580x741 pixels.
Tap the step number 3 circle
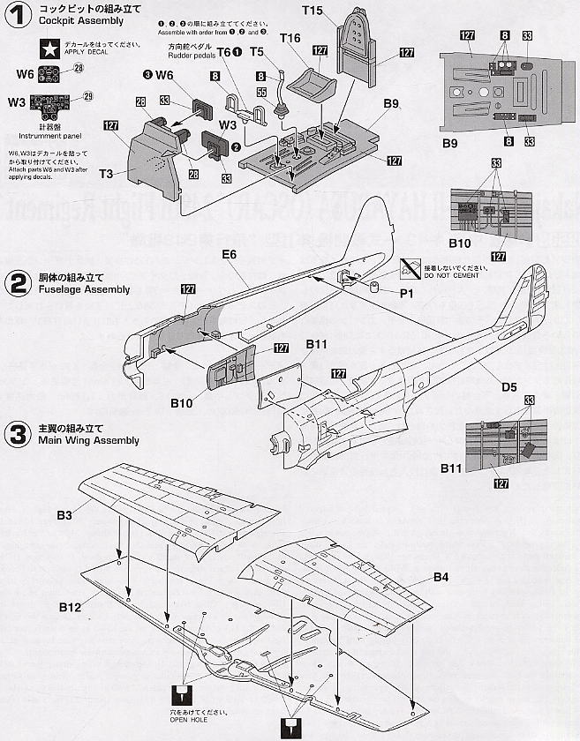(x=17, y=434)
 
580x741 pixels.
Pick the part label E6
(x=231, y=254)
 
